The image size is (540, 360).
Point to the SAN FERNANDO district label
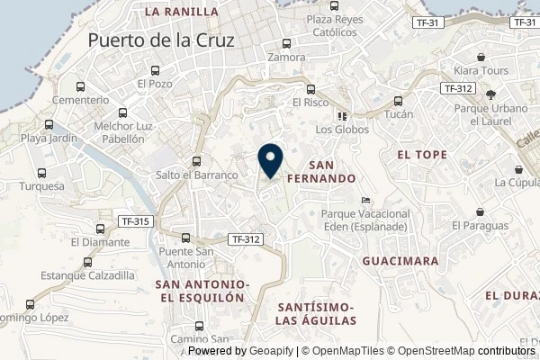coord(321,172)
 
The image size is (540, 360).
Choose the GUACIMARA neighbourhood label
coord(400,261)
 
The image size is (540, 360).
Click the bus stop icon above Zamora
coord(286,43)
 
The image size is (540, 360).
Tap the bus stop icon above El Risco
coord(310,90)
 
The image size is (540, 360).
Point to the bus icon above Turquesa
coord(40,173)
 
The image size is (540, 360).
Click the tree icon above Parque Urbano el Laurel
coord(490,94)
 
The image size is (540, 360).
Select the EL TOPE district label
coord(422,155)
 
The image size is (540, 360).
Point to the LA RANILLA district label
coord(181,12)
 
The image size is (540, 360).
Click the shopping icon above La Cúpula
coord(517,168)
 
